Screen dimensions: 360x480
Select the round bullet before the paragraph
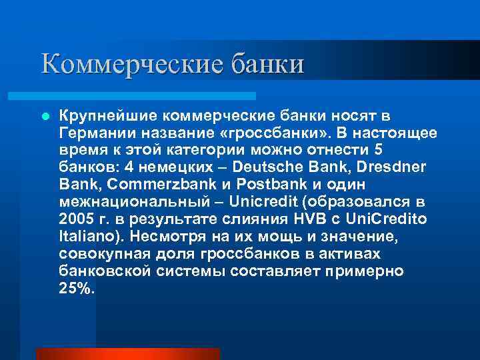46,116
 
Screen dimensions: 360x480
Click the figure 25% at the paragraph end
77,289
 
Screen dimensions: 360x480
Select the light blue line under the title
147,96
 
